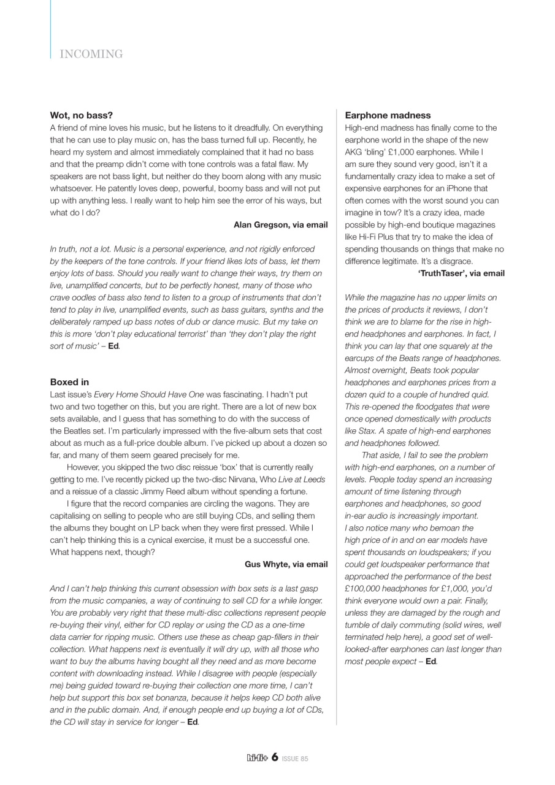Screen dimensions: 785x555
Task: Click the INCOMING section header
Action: click(91, 54)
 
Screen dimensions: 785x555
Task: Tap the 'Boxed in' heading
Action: click(69, 382)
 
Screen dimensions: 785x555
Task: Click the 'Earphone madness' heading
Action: click(388, 115)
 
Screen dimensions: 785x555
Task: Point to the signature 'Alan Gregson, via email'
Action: click(280, 225)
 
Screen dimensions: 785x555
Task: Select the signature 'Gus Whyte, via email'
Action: click(286, 564)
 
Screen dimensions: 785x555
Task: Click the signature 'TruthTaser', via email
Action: click(461, 274)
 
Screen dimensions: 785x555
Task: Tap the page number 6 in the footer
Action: click(275, 757)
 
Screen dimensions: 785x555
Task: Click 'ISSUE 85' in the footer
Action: click(295, 759)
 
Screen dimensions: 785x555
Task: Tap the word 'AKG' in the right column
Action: click(354, 152)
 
